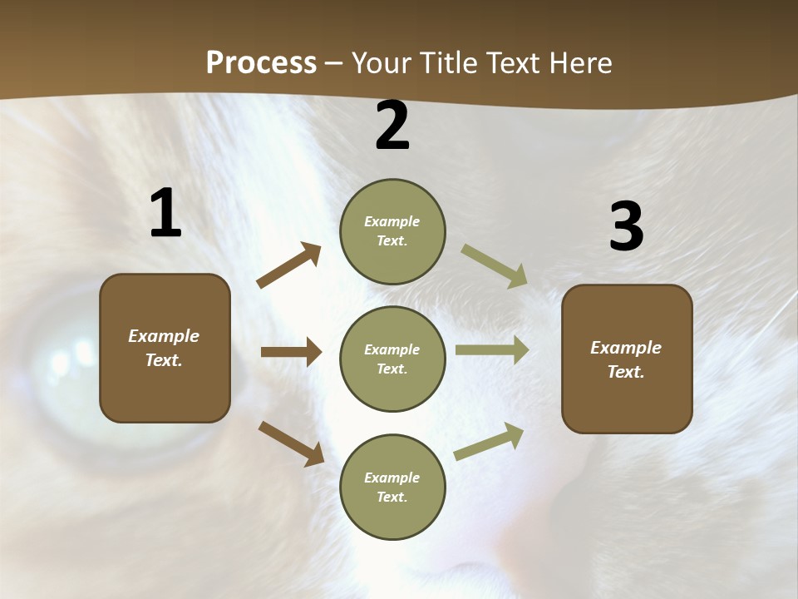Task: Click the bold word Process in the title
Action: tap(261, 62)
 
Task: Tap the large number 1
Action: tap(165, 213)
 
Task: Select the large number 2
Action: tap(392, 126)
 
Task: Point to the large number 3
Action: tap(626, 227)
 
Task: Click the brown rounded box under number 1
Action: tap(165, 348)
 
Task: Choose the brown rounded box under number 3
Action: tap(627, 359)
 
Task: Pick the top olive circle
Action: tap(392, 231)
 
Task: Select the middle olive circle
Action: tap(392, 359)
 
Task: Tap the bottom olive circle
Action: tap(392, 487)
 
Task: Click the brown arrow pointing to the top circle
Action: tap(289, 265)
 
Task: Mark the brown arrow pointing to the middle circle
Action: tap(291, 352)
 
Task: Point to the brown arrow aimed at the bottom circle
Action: tap(291, 443)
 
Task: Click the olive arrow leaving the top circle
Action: tap(495, 266)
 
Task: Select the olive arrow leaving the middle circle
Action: tap(492, 350)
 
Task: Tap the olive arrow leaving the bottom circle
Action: tap(490, 441)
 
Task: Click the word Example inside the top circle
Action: tap(392, 221)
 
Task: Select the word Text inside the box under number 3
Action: tap(625, 372)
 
